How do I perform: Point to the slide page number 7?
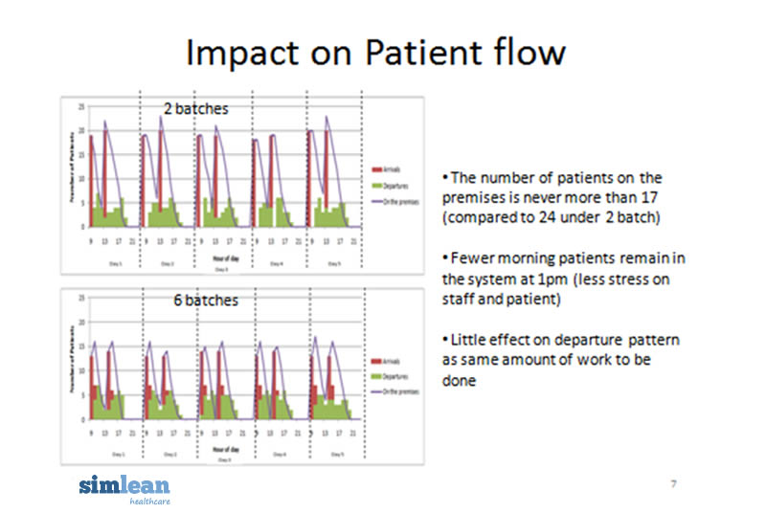tap(673, 484)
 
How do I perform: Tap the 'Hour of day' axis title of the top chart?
tap(212, 257)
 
